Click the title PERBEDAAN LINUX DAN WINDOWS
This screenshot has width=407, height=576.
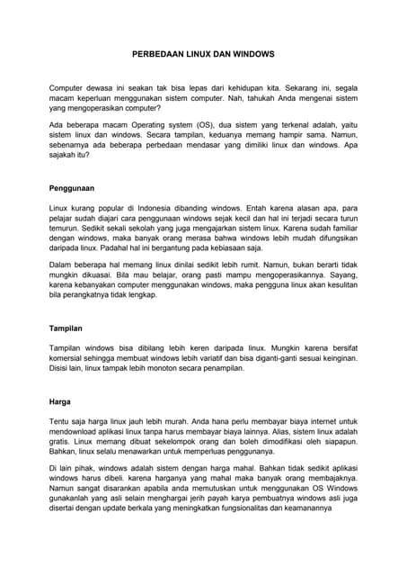pyautogui.click(x=203, y=54)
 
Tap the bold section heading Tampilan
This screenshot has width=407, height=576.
pyautogui.click(x=65, y=329)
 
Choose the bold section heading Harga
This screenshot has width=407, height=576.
pyautogui.click(x=59, y=400)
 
